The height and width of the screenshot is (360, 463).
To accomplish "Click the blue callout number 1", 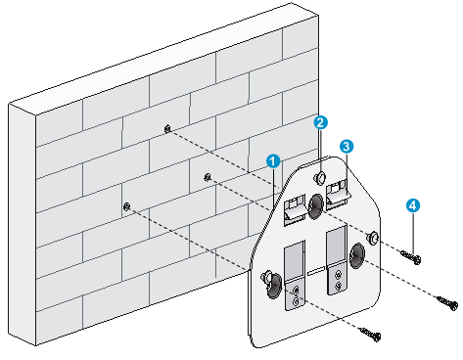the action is click(x=273, y=161).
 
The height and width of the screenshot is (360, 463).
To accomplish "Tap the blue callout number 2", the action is click(x=320, y=122).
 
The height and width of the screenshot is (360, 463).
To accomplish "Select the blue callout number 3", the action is click(x=347, y=147).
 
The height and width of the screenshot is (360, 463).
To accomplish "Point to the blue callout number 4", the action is click(x=413, y=205).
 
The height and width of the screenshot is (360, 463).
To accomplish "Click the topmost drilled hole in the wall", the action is click(x=167, y=129).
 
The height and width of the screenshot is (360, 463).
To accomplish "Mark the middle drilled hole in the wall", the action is click(x=208, y=177).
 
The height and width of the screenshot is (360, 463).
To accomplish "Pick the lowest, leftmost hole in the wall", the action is click(x=127, y=206).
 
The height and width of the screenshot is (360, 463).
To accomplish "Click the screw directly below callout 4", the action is click(x=411, y=257).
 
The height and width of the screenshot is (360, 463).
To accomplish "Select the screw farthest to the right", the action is click(x=447, y=302).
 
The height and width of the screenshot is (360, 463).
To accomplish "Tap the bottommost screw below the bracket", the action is click(x=370, y=334).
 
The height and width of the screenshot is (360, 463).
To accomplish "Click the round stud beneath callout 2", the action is click(x=320, y=178).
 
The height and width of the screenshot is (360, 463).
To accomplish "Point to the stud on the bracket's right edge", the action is click(x=372, y=238).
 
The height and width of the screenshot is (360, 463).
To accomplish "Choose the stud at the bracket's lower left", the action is click(x=266, y=277).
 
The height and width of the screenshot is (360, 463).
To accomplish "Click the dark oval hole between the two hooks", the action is click(x=315, y=206).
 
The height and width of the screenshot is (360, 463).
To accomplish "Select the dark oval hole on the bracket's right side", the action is click(x=357, y=255).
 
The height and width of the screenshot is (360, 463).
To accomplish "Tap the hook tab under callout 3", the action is click(x=338, y=195).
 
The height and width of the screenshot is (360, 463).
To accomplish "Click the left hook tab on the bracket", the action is click(x=296, y=209).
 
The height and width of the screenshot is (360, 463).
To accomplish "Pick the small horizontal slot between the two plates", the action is click(x=316, y=270).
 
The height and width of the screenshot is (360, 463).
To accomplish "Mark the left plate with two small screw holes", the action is click(x=296, y=276).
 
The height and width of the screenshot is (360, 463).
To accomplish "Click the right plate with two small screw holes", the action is click(x=338, y=260).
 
